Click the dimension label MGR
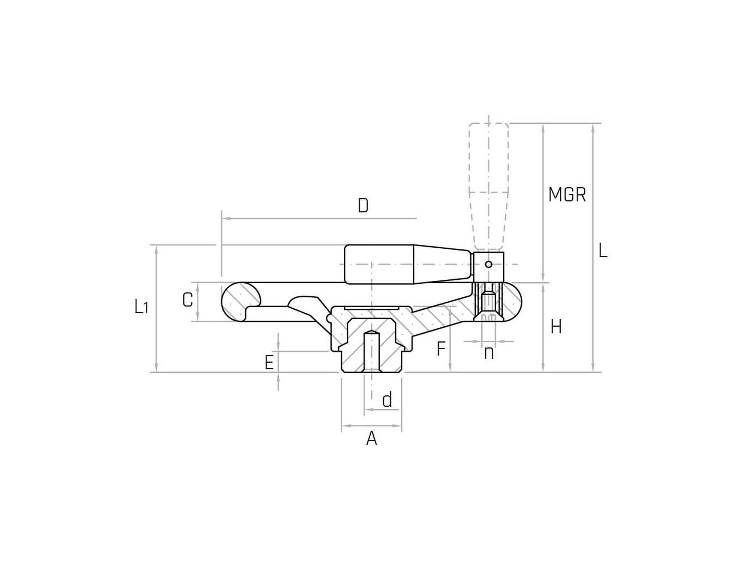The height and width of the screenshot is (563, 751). point(567,195)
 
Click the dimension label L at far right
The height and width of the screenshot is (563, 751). point(603,251)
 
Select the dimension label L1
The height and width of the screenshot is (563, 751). point(141,306)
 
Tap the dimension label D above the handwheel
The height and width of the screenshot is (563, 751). point(363,206)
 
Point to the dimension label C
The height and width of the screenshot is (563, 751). point(187,300)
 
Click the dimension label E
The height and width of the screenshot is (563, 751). point(269,362)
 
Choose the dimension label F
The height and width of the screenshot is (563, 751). point(441,349)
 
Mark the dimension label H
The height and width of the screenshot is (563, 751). point(556,327)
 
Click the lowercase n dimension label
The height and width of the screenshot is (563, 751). point(489,352)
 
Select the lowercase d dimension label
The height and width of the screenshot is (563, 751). point(387,400)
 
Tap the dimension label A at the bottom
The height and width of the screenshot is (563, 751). point(371,438)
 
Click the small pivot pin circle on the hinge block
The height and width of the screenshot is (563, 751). point(489,264)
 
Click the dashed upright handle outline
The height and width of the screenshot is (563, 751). point(489,179)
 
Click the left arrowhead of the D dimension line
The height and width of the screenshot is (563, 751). point(225,218)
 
